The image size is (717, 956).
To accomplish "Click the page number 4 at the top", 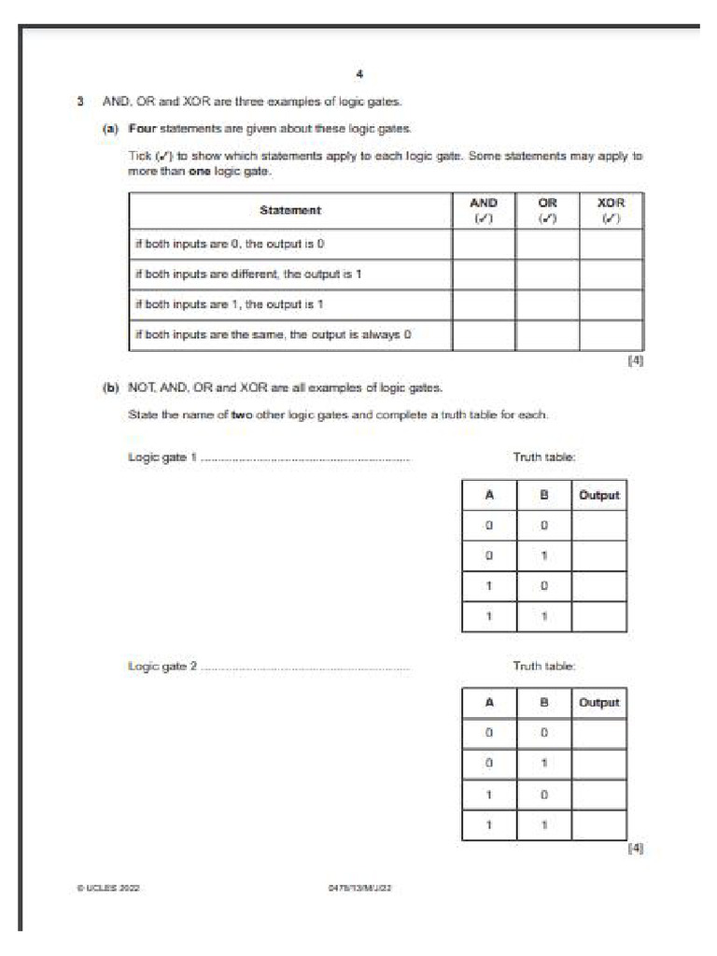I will (x=358, y=75).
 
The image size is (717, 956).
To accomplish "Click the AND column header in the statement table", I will (x=483, y=210).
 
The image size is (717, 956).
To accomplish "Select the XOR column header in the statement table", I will (x=611, y=210).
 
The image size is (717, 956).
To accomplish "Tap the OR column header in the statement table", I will (x=547, y=210).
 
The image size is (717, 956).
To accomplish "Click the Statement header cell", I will (x=290, y=211).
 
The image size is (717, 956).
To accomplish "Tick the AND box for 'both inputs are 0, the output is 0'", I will (x=483, y=245).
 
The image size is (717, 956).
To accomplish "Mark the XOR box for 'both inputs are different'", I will (x=611, y=274).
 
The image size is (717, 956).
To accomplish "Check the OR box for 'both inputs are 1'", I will (x=547, y=305).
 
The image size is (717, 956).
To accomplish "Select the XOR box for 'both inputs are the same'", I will (x=611, y=335).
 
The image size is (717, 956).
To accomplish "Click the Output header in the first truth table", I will (x=598, y=496).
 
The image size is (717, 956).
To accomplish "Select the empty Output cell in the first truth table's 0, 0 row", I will (x=598, y=526).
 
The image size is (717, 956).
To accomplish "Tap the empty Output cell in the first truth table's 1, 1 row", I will (x=598, y=616).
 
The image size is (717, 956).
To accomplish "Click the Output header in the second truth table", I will (x=598, y=703).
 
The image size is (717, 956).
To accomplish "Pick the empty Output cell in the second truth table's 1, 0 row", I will (x=598, y=794).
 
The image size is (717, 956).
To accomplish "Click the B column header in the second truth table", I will (x=543, y=703).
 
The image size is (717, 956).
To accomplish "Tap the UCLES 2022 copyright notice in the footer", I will (x=108, y=889).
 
